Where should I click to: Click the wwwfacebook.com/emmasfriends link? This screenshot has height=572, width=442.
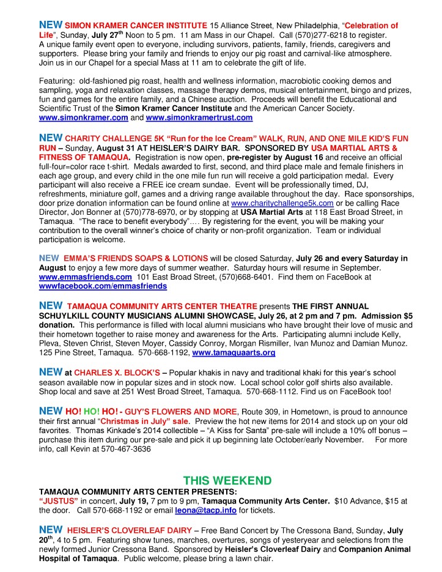tap(103, 286)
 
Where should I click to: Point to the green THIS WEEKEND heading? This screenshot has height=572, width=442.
tap(219, 480)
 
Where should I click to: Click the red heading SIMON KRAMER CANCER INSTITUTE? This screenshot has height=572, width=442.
tap(135, 26)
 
